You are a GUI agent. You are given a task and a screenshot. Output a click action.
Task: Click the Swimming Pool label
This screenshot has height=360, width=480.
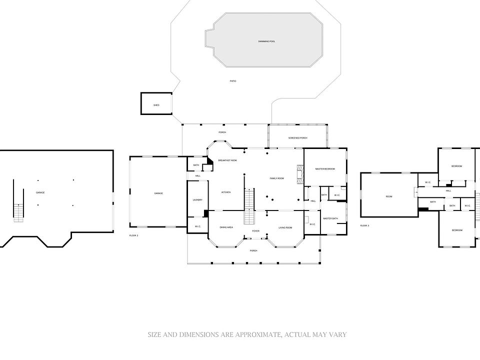(x=266, y=41)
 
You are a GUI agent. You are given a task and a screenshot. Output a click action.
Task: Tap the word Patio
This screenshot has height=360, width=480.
(x=232, y=81)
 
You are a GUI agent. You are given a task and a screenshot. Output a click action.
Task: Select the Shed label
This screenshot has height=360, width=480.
(x=156, y=105)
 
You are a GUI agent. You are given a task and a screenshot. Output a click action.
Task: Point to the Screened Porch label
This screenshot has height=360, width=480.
(x=297, y=138)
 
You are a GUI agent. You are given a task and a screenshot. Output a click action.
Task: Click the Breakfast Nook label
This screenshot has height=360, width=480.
(x=227, y=160)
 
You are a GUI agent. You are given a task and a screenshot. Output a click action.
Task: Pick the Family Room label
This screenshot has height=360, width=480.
(x=276, y=178)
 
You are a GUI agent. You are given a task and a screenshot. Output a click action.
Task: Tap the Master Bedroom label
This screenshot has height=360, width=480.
(x=324, y=169)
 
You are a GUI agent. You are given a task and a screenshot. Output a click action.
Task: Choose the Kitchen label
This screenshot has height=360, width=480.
(x=226, y=192)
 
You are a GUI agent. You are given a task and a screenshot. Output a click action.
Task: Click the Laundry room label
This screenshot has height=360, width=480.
(x=197, y=200)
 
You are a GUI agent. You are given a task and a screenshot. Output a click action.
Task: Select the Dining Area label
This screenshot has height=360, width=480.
(x=226, y=227)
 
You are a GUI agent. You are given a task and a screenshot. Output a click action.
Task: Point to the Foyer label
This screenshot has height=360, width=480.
(x=255, y=231)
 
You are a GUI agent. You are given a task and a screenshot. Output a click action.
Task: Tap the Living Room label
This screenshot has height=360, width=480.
(x=285, y=227)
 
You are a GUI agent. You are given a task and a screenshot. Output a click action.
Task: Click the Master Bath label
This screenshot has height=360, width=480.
(x=330, y=218)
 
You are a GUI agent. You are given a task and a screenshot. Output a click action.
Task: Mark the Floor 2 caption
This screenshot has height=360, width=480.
(x=133, y=235)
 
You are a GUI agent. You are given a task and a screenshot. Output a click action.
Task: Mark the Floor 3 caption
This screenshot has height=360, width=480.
(x=364, y=225)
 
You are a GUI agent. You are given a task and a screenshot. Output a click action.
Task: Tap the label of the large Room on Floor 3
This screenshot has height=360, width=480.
(x=389, y=196)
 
